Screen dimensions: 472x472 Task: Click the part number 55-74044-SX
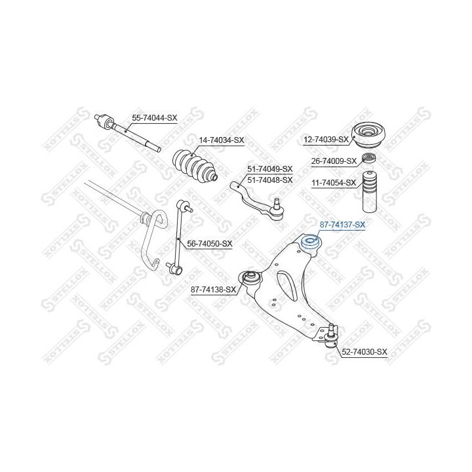(x=155, y=117)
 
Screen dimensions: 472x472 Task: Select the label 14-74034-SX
(x=221, y=140)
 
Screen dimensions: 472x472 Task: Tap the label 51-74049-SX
(x=269, y=168)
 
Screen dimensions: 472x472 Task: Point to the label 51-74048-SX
(x=269, y=179)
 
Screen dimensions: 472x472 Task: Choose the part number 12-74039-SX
(x=326, y=140)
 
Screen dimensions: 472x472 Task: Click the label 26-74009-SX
(x=334, y=161)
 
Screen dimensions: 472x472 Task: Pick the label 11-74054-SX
(x=334, y=182)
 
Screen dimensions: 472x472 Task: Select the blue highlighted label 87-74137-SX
(x=342, y=225)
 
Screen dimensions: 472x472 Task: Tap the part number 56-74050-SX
(x=210, y=243)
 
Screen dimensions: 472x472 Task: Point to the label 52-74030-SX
(x=364, y=352)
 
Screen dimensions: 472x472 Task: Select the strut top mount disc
(x=372, y=135)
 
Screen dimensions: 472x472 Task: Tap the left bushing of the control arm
(x=249, y=279)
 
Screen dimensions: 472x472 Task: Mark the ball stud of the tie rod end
(x=278, y=206)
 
